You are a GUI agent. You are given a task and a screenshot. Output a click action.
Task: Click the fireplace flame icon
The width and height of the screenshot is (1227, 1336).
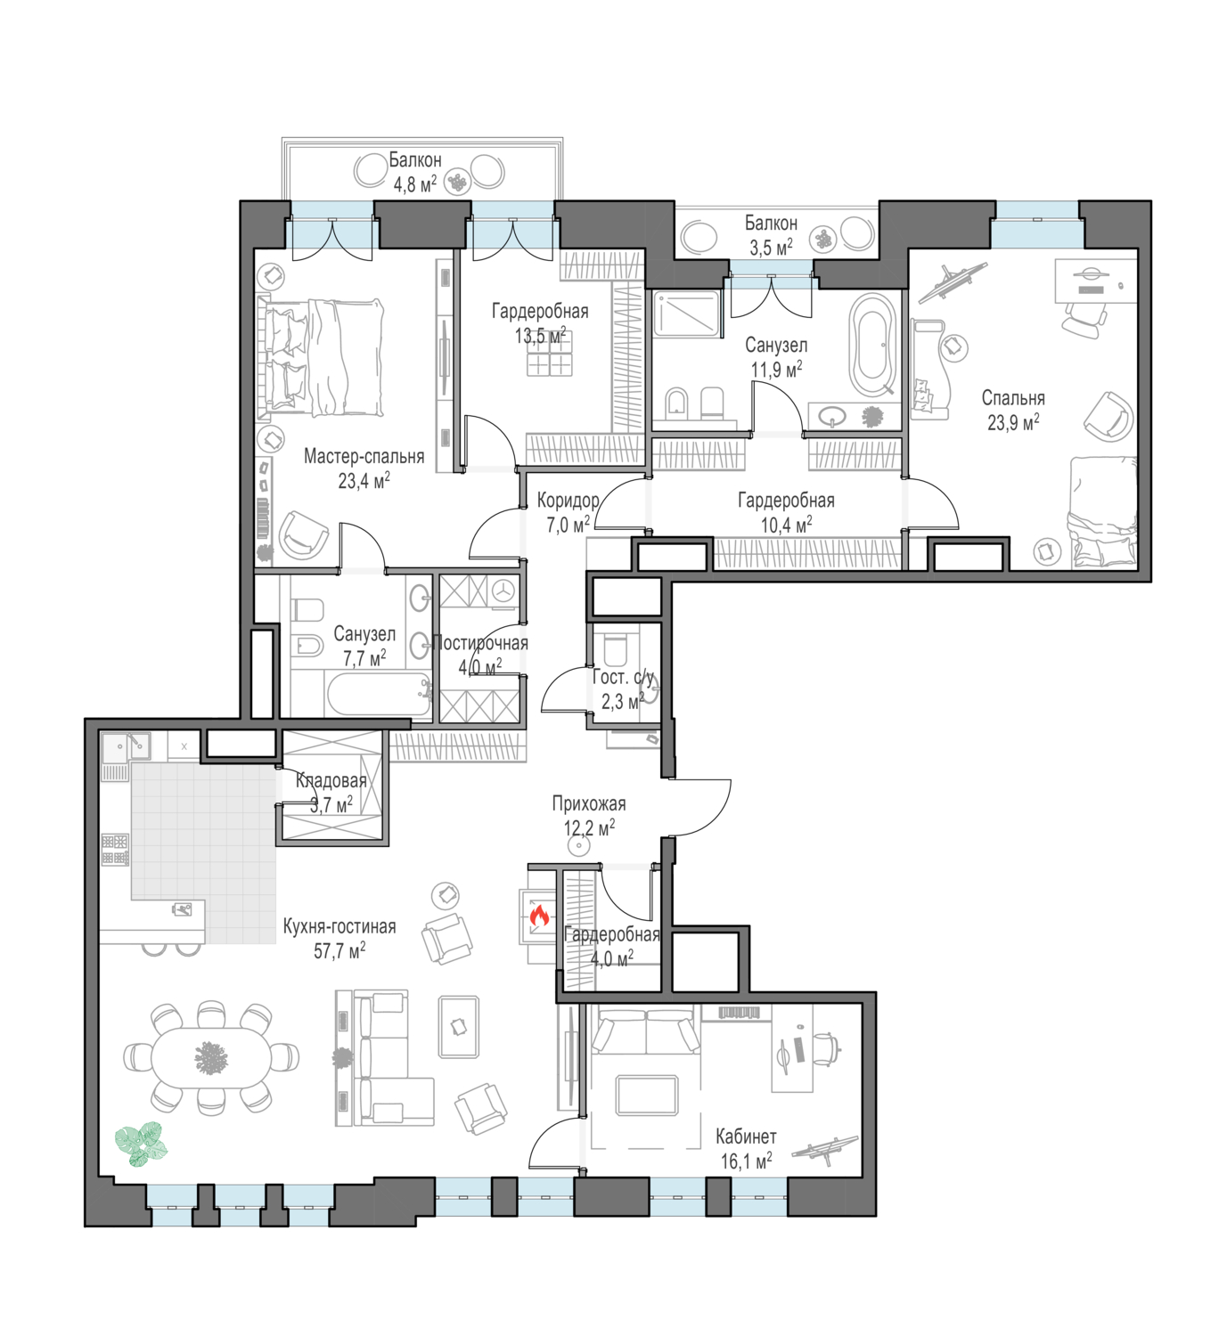(x=539, y=916)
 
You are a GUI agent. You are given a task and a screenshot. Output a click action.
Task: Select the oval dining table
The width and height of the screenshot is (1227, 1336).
(x=211, y=1057)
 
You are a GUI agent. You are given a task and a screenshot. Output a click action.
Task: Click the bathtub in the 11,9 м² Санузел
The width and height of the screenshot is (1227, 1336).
(x=871, y=344)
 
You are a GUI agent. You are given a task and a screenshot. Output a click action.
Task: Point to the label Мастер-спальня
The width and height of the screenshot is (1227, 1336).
(x=364, y=456)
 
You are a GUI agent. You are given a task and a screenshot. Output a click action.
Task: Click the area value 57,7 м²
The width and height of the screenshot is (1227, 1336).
(x=339, y=951)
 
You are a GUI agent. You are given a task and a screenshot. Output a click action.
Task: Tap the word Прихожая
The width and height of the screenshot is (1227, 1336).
(x=588, y=804)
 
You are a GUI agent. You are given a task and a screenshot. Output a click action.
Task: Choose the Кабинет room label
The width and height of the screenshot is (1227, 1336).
(x=746, y=1136)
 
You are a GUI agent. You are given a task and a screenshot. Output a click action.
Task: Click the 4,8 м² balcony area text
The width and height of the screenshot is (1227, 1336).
(x=414, y=183)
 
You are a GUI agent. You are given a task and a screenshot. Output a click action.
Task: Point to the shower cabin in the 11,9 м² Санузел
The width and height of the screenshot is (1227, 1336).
(x=687, y=313)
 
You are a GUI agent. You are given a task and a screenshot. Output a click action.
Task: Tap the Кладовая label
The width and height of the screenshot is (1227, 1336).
(x=331, y=780)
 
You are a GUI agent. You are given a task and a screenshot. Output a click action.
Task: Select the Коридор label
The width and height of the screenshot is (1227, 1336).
(x=568, y=500)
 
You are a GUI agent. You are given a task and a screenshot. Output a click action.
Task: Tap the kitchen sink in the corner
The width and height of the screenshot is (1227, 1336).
(x=126, y=747)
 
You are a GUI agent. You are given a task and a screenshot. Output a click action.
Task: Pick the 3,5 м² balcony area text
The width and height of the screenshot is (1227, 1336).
(x=771, y=248)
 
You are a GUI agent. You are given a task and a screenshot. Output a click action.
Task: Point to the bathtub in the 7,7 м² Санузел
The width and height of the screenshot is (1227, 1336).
(x=380, y=694)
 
